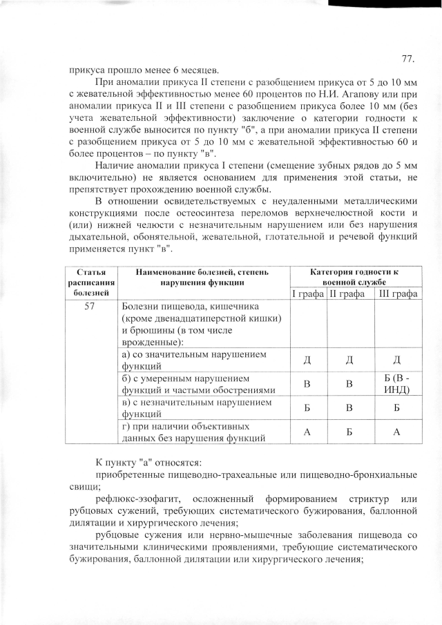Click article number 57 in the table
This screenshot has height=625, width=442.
pos(89,308)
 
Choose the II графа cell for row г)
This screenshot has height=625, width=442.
pos(349,432)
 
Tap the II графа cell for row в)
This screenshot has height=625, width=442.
pos(349,407)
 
